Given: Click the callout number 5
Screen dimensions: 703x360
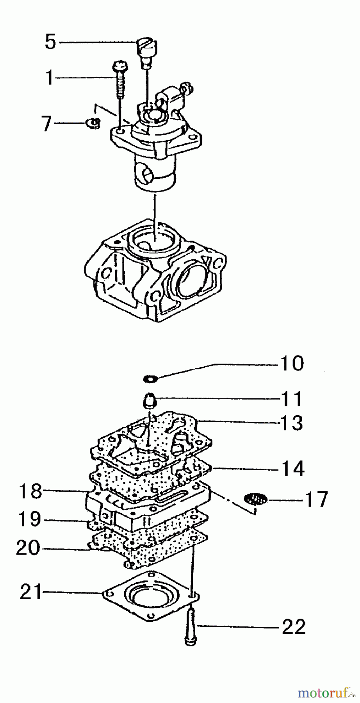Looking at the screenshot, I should coord(50,42).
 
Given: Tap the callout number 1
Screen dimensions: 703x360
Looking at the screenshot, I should coord(49,78).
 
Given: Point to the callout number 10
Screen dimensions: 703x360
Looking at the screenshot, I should coord(291,364).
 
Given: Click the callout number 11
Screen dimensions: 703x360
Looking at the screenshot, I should coord(291,399).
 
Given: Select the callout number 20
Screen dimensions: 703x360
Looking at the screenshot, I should coord(28,548).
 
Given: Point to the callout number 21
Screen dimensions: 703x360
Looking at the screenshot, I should coord(31,593).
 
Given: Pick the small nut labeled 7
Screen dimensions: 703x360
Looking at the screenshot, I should coord(93,123).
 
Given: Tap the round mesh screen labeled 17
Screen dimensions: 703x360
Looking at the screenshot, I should coord(255,499).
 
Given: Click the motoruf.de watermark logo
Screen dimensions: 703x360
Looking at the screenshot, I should coord(326,693).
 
